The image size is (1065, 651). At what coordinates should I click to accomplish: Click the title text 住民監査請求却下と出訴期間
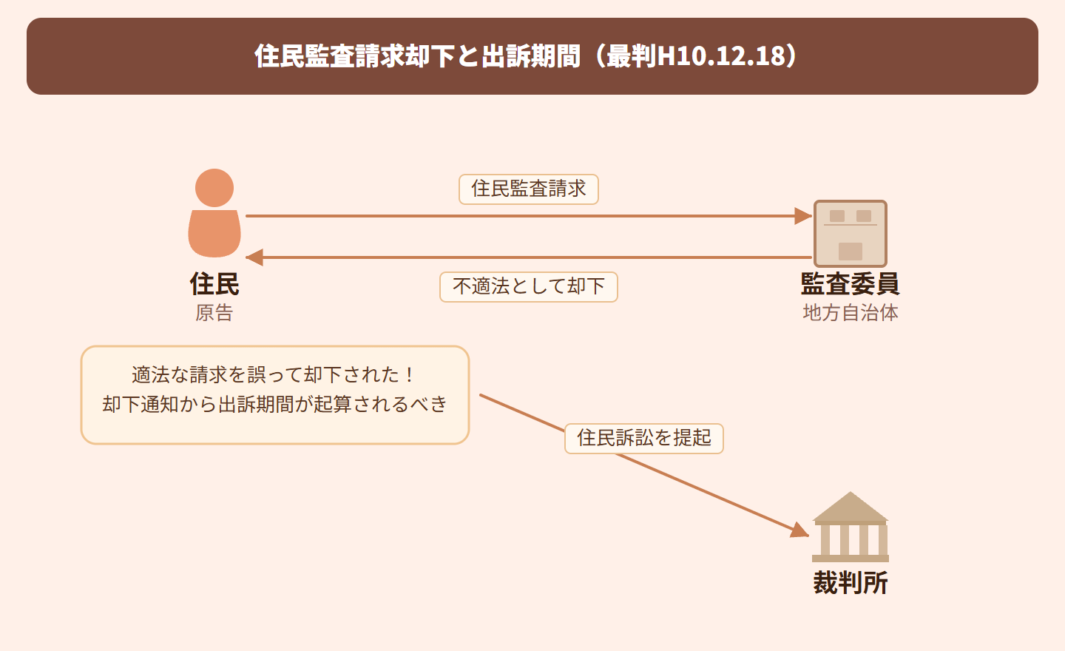417,56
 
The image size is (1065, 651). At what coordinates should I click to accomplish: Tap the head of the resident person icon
214,188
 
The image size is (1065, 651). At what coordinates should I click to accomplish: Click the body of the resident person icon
214,233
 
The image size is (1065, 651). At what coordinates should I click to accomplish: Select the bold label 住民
214,284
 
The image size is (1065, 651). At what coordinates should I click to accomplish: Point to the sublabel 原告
214,313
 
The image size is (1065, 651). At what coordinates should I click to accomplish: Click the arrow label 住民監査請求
528,189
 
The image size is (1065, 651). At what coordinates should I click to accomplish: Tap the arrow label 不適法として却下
528,287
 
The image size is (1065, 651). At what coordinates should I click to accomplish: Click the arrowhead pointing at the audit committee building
803,216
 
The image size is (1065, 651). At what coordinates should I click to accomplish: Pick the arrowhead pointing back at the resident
254,257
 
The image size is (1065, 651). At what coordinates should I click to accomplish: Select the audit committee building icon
850,233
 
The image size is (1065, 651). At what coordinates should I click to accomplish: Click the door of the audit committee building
851,252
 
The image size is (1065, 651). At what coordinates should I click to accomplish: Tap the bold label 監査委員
850,284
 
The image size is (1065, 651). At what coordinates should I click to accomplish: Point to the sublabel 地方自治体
851,313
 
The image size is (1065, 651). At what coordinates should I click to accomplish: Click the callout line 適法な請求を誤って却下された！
274,375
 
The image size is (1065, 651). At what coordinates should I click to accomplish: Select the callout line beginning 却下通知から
274,405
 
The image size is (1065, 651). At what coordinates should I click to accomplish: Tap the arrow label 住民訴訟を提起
643,438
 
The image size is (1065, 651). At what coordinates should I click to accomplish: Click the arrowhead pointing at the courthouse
799,530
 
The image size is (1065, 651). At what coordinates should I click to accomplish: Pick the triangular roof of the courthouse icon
851,507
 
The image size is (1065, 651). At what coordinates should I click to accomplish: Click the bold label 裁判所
851,583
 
